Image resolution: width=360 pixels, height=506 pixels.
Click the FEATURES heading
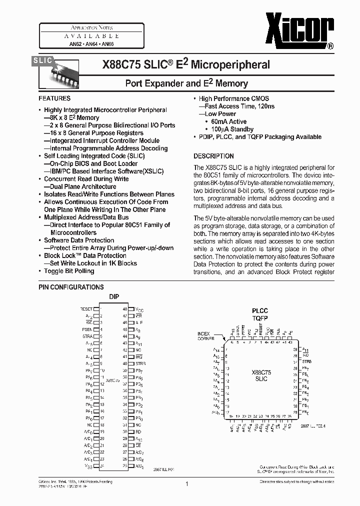pos(54,98)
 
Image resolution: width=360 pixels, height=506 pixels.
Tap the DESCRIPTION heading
pos(213,156)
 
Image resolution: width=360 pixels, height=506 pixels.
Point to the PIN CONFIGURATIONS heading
pos(71,287)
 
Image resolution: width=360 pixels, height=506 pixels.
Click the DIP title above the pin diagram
pos(114,296)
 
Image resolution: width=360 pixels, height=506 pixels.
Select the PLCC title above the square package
pos(260,310)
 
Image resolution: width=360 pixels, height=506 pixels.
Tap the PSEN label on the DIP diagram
pos(87,329)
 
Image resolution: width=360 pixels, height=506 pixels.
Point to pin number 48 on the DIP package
pos(124,309)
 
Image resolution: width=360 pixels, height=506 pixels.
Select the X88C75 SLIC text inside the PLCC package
pos(261,376)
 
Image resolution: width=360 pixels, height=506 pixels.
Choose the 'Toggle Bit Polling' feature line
pos(69,271)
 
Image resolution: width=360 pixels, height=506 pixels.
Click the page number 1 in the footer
pos(186,484)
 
